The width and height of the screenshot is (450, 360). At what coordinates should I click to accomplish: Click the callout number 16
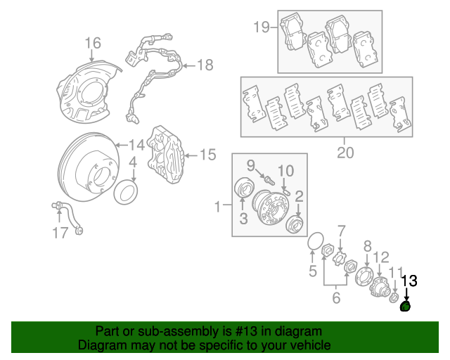pos(93,44)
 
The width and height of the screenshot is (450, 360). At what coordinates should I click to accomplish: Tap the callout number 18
pos(204,66)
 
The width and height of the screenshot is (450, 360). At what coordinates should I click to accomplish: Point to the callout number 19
pos(261,27)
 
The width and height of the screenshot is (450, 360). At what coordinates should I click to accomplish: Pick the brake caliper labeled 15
pos(167,153)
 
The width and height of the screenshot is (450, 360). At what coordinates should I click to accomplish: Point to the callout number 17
pos(61,231)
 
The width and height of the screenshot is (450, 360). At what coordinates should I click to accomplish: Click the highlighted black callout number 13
pos(409,281)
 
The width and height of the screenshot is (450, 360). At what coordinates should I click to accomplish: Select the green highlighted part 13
pos(406,305)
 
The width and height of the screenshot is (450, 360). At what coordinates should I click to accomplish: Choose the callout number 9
pos(250,166)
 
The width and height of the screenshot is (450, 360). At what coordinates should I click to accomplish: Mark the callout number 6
pos(335,297)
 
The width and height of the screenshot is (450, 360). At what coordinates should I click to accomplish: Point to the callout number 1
pos(219,206)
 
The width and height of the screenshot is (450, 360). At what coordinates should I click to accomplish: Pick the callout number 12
pos(380,257)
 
